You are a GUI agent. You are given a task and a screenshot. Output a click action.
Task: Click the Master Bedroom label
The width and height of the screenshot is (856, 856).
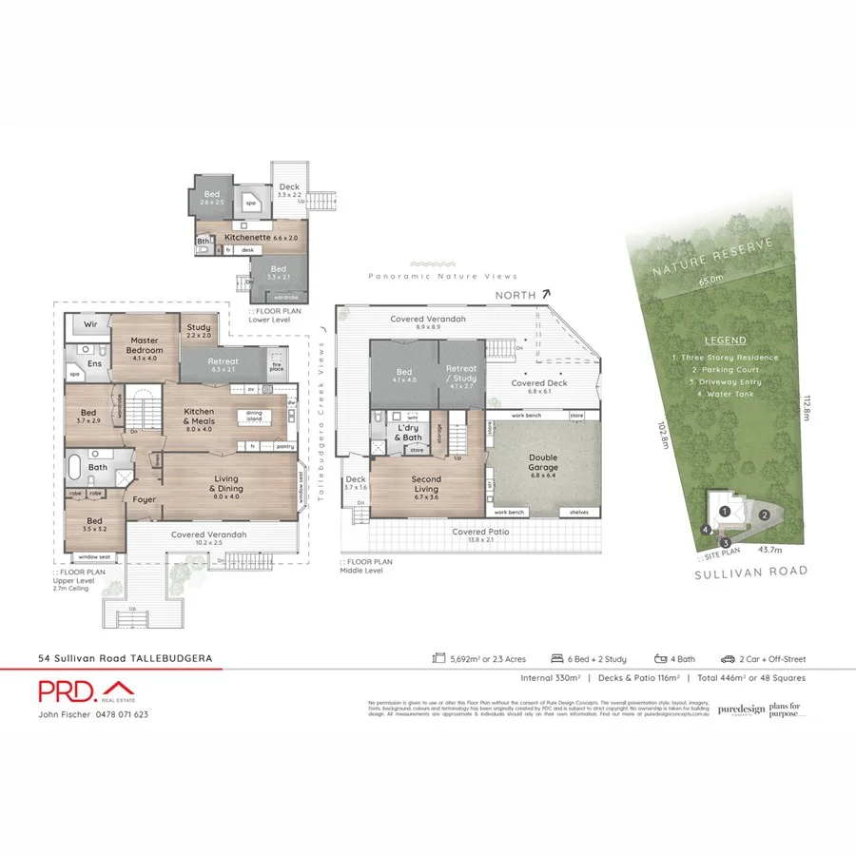(145, 345)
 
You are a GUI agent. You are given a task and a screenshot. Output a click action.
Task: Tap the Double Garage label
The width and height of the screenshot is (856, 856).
(543, 461)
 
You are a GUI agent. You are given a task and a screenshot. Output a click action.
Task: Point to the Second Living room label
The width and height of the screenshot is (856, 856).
(426, 483)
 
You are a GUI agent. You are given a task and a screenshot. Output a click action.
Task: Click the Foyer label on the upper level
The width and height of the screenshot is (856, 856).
(145, 497)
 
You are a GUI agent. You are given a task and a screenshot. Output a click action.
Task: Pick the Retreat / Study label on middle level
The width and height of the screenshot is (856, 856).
(461, 373)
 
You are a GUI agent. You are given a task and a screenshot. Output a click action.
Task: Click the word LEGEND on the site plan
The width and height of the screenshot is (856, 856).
(726, 340)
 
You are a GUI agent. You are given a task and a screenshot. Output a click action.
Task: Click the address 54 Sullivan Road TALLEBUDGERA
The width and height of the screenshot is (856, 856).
(125, 657)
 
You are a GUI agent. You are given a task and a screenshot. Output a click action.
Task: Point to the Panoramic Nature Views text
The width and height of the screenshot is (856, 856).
(443, 276)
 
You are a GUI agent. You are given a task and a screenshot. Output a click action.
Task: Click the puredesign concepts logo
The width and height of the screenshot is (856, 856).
(740, 709)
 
